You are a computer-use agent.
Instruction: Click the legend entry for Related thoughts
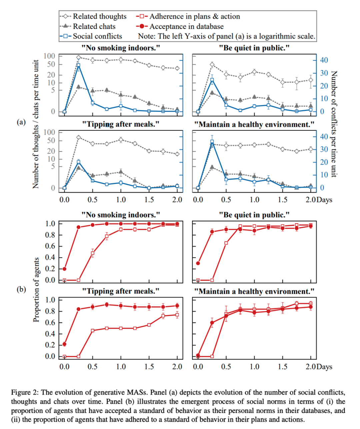click(x=99, y=16)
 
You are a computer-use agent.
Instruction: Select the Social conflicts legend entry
click(x=97, y=36)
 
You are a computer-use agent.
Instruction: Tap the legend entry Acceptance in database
click(x=186, y=26)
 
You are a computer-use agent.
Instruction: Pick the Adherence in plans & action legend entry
click(x=194, y=16)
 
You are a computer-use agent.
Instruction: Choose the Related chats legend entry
click(x=94, y=26)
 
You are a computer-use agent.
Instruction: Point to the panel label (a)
click(x=21, y=122)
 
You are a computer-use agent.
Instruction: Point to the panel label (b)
click(x=21, y=289)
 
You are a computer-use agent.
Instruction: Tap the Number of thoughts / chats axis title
click(x=36, y=124)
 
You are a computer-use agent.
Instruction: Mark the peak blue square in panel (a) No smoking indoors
click(x=79, y=66)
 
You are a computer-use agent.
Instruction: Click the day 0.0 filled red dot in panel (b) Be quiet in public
click(x=198, y=263)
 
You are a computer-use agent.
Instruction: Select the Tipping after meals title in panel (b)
click(x=121, y=291)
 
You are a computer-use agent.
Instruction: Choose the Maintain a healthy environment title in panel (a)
click(x=254, y=124)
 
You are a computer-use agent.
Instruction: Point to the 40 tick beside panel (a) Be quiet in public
click(x=324, y=60)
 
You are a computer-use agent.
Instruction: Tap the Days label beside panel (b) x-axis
click(x=324, y=367)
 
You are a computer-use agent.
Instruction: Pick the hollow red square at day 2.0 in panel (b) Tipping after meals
click(x=177, y=315)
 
